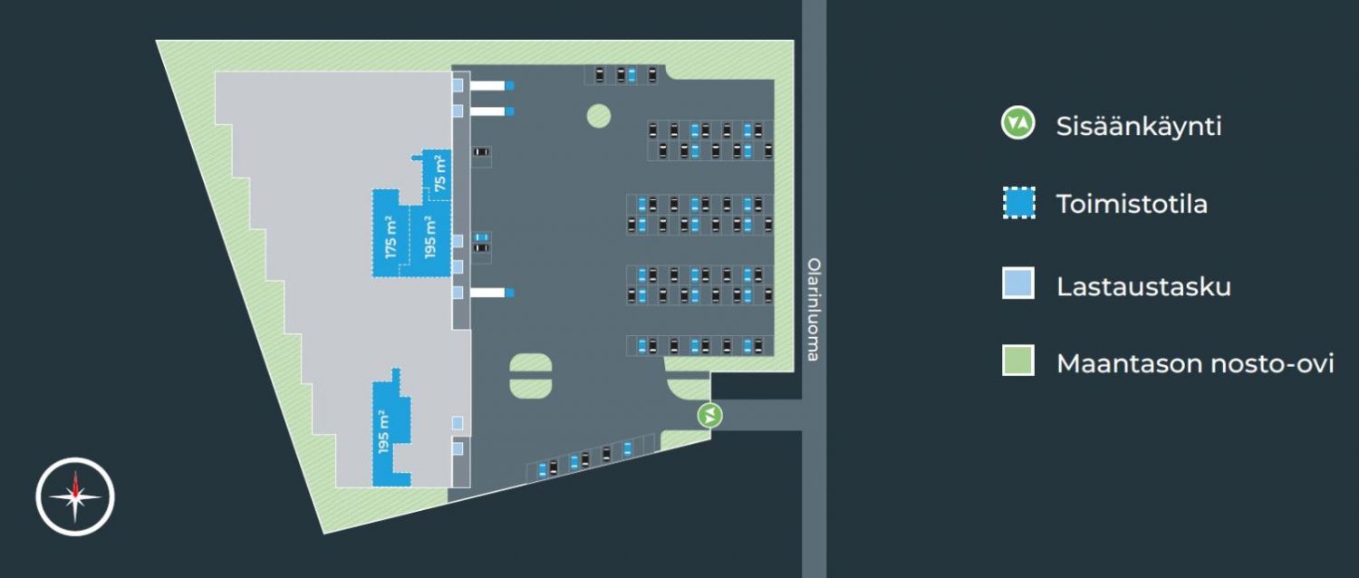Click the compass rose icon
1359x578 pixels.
(75, 496)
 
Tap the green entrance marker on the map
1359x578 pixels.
(710, 416)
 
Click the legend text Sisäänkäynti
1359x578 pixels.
(1139, 126)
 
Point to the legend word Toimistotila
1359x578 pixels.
(1132, 205)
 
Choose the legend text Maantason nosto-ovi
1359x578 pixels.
(1195, 364)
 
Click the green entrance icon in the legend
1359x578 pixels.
(1018, 123)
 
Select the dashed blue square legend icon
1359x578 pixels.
(1018, 203)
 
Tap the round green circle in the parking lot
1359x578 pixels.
(598, 115)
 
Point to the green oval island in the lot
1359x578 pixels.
(530, 375)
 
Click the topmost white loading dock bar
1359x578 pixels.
(487, 85)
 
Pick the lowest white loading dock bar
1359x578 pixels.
(487, 292)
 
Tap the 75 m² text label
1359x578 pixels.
(440, 172)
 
